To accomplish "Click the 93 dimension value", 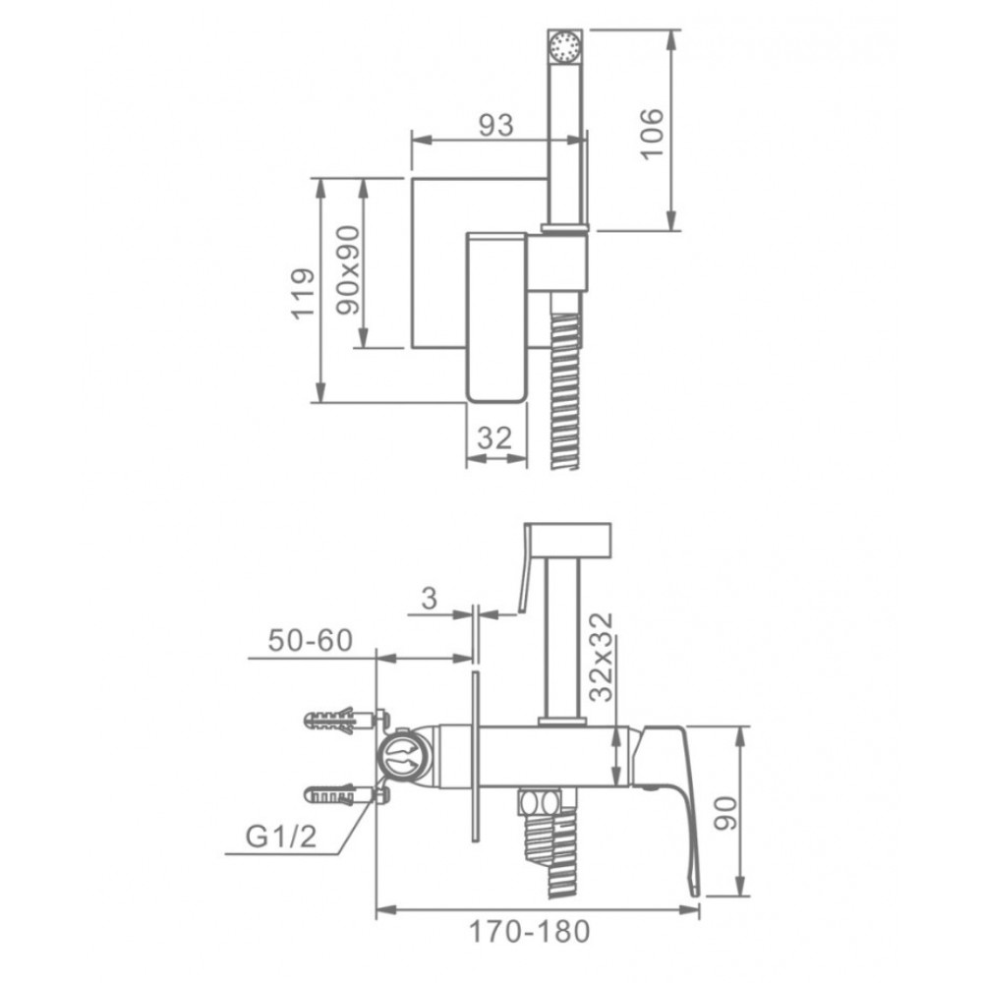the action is click(495, 126).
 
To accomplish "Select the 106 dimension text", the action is click(652, 134).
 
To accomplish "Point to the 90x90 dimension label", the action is click(348, 270).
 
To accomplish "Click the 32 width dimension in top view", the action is click(494, 437).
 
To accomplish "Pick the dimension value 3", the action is click(429, 598).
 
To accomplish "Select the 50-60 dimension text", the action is click(311, 640).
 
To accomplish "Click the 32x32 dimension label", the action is click(602, 657).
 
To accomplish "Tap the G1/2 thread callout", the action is click(281, 837).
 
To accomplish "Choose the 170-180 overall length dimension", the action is click(529, 931).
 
